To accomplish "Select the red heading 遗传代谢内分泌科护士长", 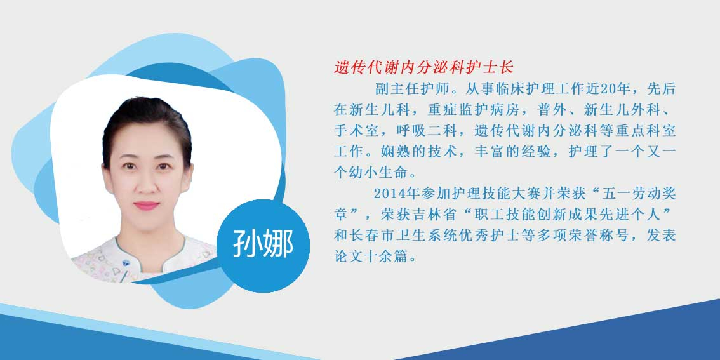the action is [423, 68].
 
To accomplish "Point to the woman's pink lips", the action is [147, 205].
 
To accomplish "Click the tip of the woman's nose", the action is [147, 189].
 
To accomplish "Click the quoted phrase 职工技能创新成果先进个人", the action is [566, 215].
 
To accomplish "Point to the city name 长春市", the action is [370, 236].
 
